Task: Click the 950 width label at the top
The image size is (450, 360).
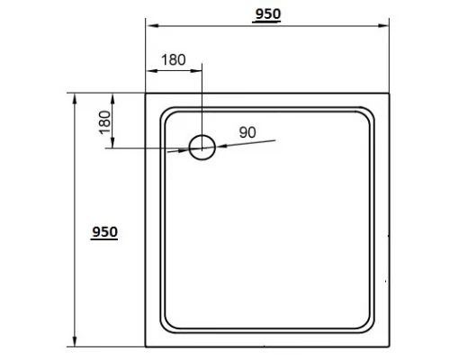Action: pos(268,13)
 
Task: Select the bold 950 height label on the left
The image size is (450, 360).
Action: pos(104,231)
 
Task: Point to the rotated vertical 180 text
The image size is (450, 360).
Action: pos(104,121)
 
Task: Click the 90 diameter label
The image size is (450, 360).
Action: pos(248,131)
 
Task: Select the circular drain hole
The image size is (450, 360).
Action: pos(202,148)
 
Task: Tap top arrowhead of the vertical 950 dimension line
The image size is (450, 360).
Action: pos(74,95)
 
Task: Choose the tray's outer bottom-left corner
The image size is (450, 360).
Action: pos(147,347)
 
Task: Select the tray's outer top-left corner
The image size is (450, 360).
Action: pos(147,92)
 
